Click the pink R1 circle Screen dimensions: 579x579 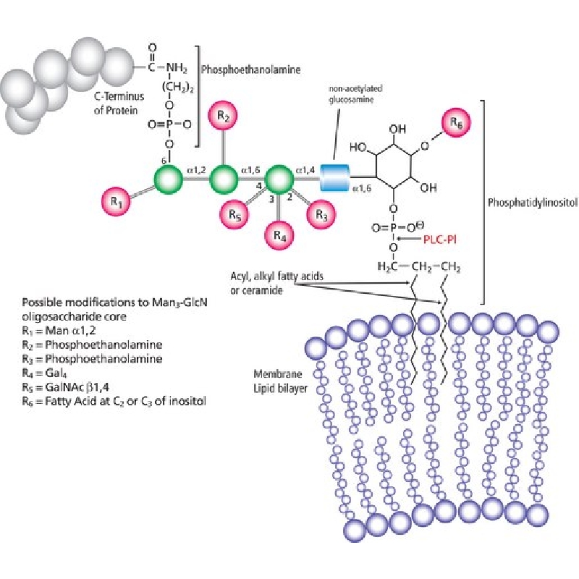tap(116, 202)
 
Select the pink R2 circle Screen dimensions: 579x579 tap(223, 117)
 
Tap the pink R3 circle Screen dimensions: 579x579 tap(321, 214)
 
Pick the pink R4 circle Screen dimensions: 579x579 tap(280, 234)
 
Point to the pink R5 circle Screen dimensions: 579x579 tap(234, 214)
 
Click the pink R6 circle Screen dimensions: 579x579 tap(457, 123)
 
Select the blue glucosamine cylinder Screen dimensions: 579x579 tap(334, 178)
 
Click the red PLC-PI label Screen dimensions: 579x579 tap(440, 240)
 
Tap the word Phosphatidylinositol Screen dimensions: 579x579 tap(533, 203)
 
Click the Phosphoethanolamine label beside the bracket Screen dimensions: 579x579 tap(250, 69)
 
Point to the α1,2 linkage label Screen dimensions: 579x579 tap(196, 170)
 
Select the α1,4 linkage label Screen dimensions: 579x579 tap(305, 170)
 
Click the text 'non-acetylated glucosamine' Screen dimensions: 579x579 tap(355, 94)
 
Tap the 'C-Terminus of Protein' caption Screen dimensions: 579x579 tap(119, 103)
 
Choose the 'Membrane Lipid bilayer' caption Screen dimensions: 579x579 tap(280, 381)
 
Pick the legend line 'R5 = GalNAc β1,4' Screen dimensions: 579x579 tap(65, 387)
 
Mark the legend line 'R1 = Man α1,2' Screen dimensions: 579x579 tap(59, 330)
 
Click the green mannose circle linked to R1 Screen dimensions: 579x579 tap(168, 179)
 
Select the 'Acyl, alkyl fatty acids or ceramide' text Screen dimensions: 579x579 tap(277, 283)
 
